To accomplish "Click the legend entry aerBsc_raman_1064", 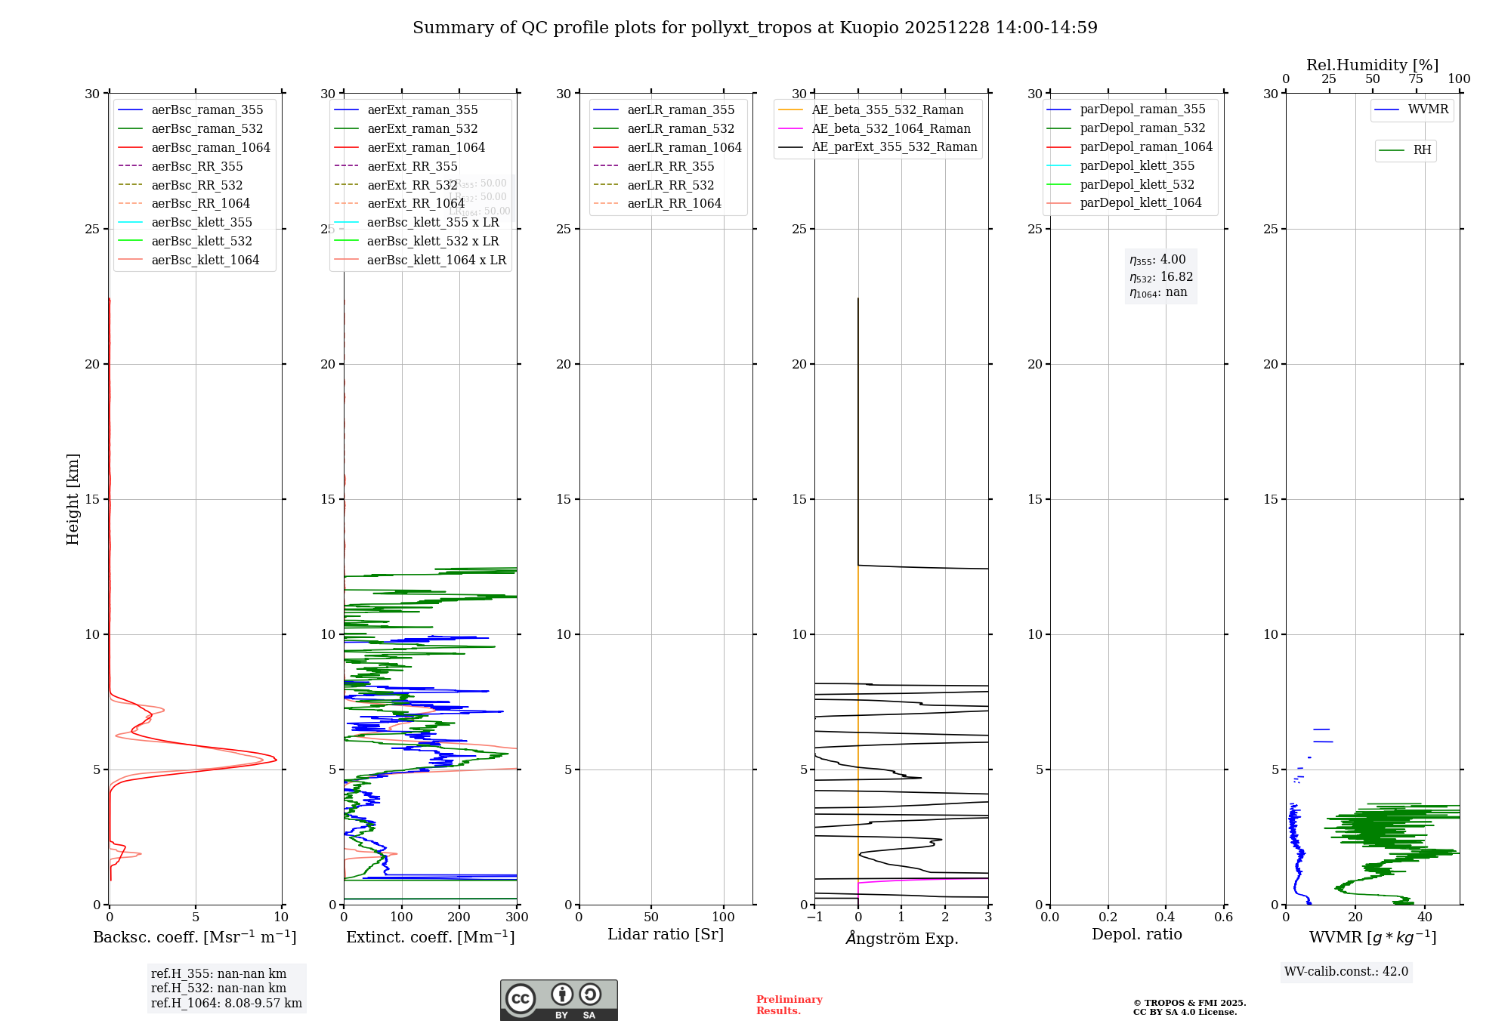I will [x=210, y=147].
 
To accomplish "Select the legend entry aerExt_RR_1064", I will [x=416, y=203].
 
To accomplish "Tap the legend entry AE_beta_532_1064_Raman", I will [x=891, y=128].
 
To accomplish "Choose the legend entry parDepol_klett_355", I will [x=1137, y=165].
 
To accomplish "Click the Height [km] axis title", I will [x=73, y=499].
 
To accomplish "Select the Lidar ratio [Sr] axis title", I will [x=666, y=934].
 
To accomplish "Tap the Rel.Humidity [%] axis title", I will [x=1372, y=65].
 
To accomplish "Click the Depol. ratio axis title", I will [x=1136, y=934].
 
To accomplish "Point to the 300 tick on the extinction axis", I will [x=517, y=918].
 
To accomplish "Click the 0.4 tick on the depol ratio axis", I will [x=1166, y=918].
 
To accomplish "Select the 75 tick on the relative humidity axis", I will [x=1416, y=79].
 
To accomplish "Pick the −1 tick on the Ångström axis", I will [x=814, y=918].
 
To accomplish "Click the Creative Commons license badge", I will [x=558, y=1000].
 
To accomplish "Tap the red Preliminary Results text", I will [x=789, y=1005].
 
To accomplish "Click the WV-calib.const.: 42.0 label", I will [x=1346, y=971].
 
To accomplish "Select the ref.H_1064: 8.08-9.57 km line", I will [x=227, y=1003].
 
